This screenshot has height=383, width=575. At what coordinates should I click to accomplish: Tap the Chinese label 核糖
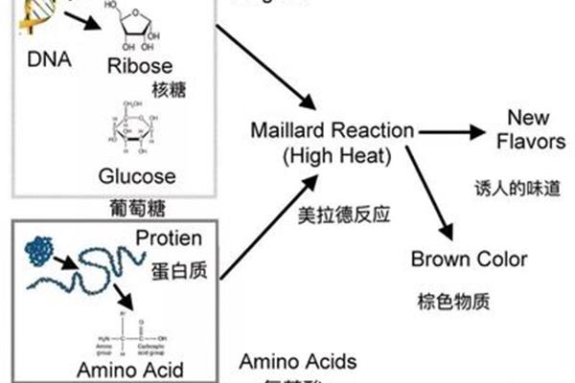168,90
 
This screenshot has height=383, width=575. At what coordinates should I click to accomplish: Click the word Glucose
137,176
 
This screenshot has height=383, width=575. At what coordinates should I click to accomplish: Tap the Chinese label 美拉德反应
332,216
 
